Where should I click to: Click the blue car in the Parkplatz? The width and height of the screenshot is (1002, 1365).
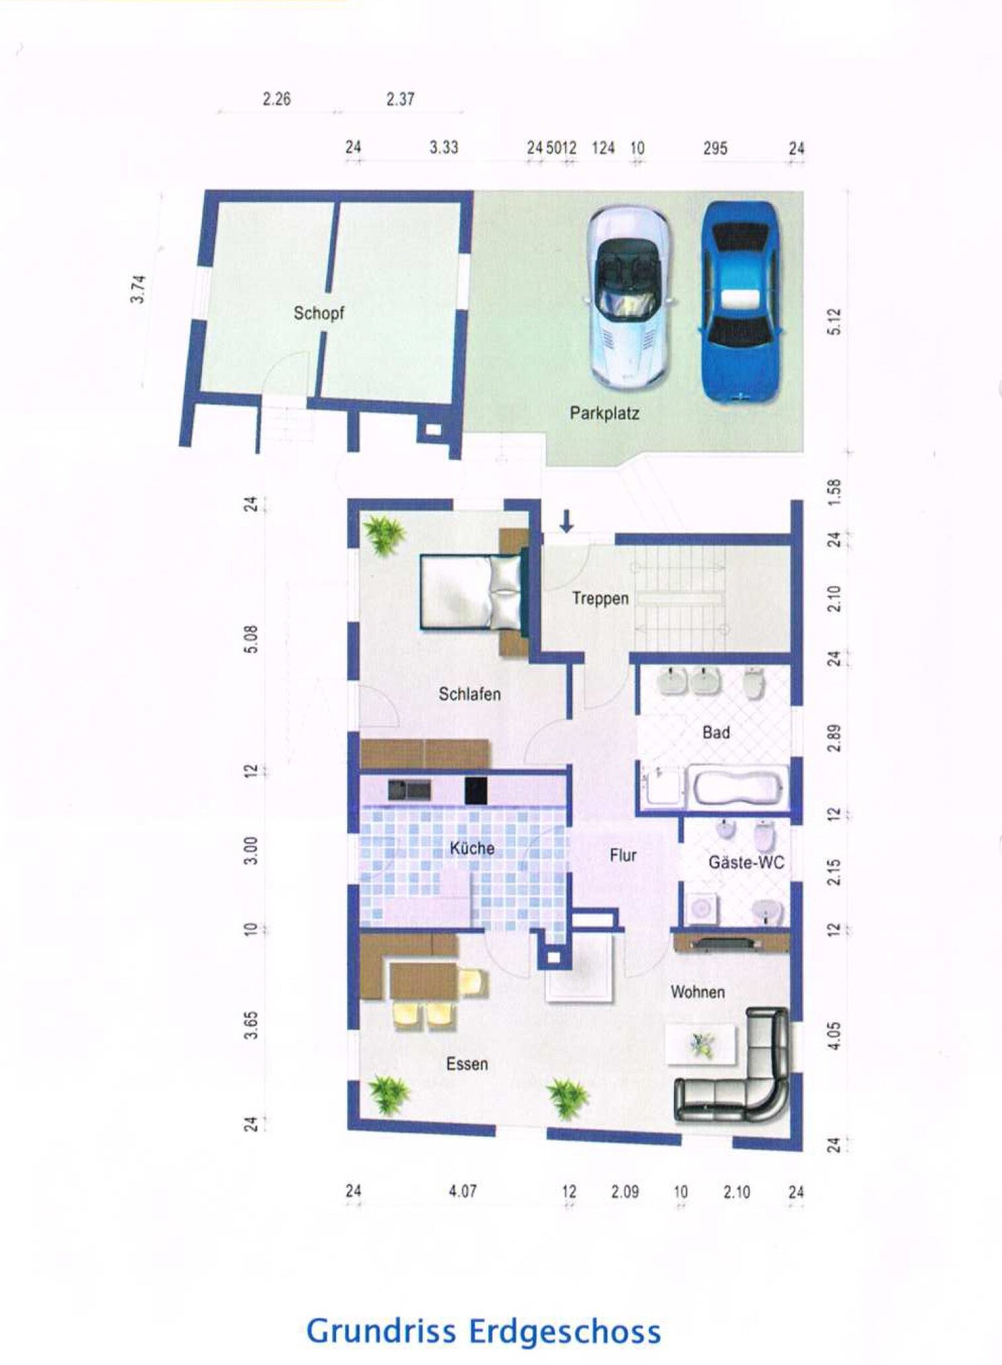point(739,302)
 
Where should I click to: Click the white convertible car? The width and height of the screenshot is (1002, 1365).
point(629,297)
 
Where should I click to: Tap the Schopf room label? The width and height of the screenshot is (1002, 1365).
point(319,314)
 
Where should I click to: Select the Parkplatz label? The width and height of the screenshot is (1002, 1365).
point(605,414)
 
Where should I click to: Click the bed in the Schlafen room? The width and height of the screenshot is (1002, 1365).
point(472,591)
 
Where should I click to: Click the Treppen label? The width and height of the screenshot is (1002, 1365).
point(600,599)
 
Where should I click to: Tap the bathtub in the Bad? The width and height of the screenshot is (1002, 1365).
point(738,785)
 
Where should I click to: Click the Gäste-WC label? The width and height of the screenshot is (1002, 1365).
point(746,862)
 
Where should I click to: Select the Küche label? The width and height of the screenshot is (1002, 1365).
point(472,848)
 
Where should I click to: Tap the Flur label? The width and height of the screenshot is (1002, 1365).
point(622,855)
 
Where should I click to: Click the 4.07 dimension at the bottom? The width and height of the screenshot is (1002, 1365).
point(462,1191)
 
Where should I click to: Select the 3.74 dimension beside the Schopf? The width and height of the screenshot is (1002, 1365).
point(138,289)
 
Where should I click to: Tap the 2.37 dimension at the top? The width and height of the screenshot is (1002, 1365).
point(400,99)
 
